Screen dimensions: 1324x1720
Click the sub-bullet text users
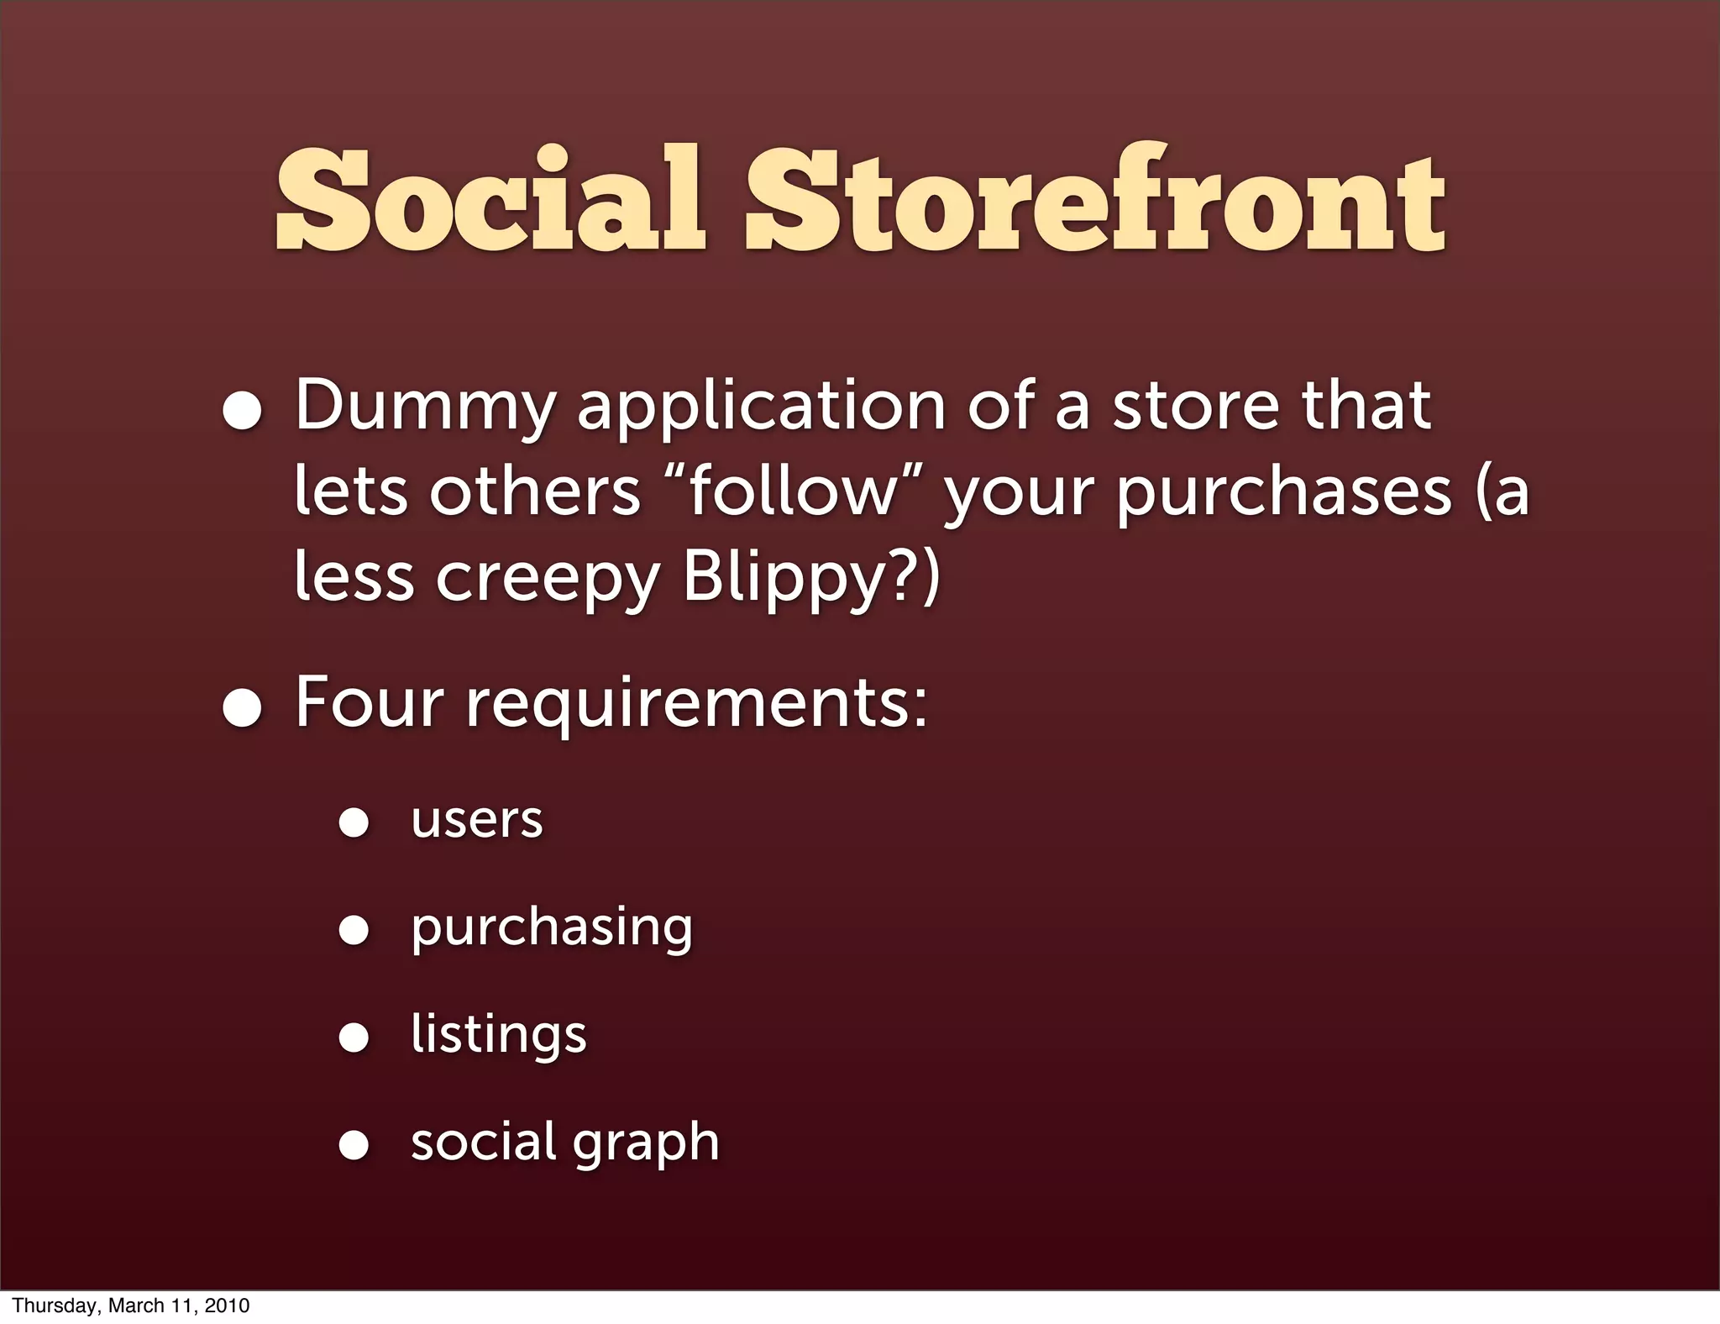(x=477, y=821)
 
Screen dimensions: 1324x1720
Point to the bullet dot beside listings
(x=354, y=1038)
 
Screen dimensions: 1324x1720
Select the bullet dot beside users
(x=354, y=822)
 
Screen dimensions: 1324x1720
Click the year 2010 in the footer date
(x=229, y=1306)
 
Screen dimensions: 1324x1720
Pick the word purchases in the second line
(x=1284, y=494)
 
